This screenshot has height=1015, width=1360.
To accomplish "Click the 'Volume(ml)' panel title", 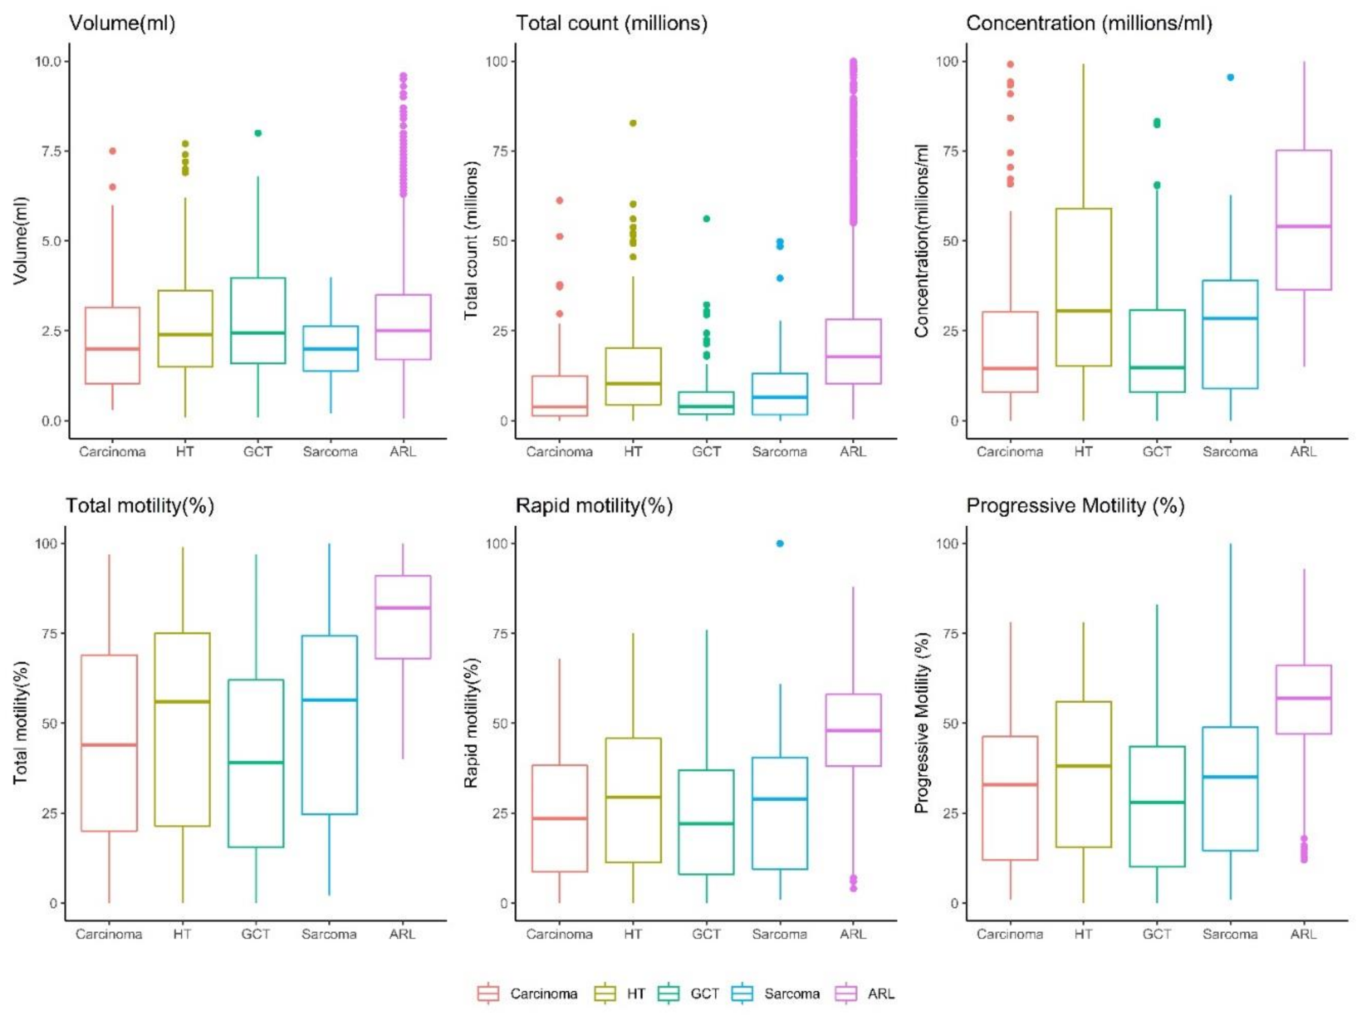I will tap(122, 23).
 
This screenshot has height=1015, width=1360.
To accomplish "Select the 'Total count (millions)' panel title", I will tap(611, 23).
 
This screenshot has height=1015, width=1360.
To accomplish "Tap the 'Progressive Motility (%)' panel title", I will tap(1075, 506).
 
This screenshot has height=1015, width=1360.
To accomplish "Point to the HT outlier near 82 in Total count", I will tap(633, 123).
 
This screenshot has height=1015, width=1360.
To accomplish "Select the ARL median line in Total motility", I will tap(403, 608).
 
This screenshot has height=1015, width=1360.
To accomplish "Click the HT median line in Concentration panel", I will tap(1083, 311).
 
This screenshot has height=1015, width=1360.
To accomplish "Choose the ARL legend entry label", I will tap(881, 994).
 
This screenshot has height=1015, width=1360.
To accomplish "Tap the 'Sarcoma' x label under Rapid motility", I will tap(779, 934).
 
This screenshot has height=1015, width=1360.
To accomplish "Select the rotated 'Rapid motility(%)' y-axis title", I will tap(471, 723).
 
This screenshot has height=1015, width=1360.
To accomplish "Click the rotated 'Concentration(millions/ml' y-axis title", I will tap(921, 241).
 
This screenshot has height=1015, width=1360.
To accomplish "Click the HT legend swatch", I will tap(605, 994).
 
